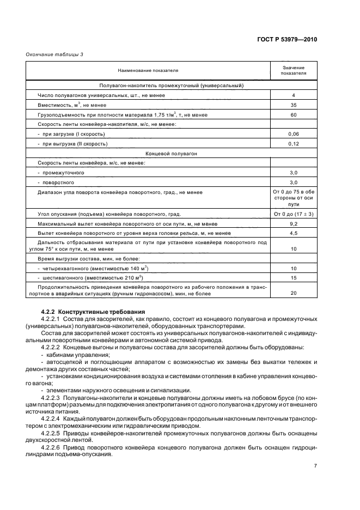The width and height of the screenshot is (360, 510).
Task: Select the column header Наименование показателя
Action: click(x=147, y=70)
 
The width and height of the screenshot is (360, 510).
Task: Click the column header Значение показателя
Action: click(x=293, y=70)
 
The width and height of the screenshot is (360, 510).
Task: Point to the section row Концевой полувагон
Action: click(x=171, y=154)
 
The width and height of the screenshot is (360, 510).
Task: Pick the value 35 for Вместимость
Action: click(x=293, y=105)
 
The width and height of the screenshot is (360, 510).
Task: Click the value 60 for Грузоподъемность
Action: click(x=293, y=114)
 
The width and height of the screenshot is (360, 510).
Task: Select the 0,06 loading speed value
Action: click(x=293, y=134)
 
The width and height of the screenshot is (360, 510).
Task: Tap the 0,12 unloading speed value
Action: click(x=293, y=144)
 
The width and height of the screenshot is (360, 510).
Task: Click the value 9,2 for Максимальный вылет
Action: click(x=293, y=224)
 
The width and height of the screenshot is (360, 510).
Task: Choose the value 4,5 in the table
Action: click(x=293, y=233)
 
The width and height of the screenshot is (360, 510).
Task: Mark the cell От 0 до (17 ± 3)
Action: click(x=293, y=214)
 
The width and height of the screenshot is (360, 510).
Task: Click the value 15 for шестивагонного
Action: click(x=293, y=278)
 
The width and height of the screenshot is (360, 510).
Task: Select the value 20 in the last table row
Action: click(x=293, y=294)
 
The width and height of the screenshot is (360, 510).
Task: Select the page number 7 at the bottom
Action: click(x=315, y=466)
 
